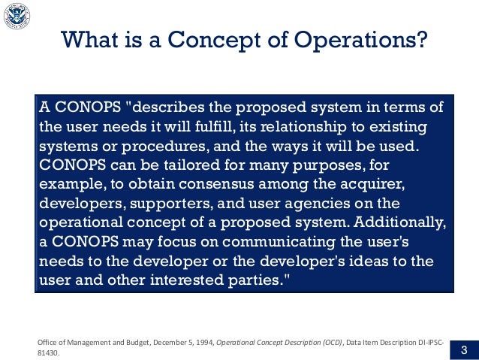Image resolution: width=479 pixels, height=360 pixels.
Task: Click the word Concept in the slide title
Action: [236, 39]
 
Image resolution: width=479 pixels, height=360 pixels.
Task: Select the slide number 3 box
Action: [463, 349]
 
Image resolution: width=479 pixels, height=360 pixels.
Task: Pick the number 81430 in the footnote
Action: [50, 352]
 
